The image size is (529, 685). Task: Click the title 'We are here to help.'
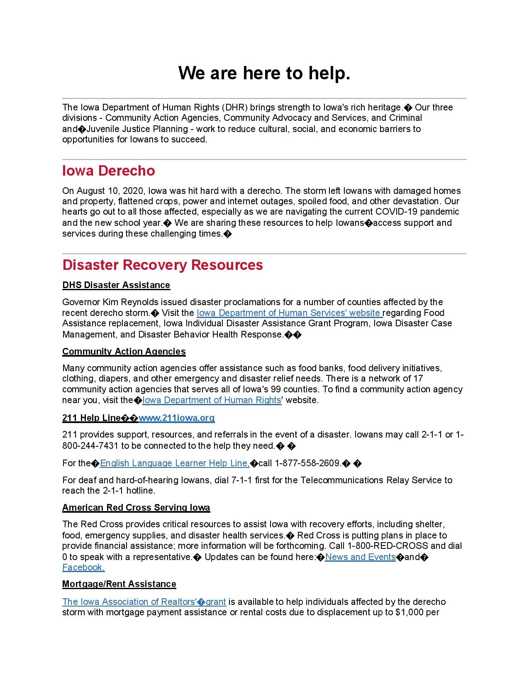click(264, 73)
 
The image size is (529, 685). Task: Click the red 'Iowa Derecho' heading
click(108, 171)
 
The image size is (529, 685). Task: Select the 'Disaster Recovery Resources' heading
click(162, 265)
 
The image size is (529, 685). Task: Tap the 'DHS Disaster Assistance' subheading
click(116, 285)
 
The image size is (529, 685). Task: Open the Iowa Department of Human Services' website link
click(289, 313)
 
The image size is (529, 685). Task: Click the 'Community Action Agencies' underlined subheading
click(124, 352)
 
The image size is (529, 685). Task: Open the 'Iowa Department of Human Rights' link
click(212, 400)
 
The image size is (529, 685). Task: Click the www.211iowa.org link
click(177, 418)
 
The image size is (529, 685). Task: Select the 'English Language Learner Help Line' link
click(175, 463)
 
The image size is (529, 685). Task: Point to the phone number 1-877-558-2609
click(307, 463)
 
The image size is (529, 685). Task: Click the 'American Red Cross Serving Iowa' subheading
click(136, 508)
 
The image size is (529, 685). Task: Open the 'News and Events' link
click(360, 557)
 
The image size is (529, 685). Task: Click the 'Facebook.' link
click(83, 568)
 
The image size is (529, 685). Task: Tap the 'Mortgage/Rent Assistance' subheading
click(119, 584)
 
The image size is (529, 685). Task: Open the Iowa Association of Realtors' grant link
click(144, 602)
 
